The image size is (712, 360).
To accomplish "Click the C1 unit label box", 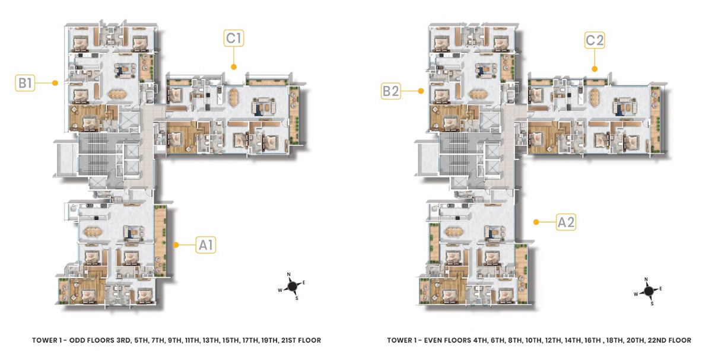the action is tap(234, 38).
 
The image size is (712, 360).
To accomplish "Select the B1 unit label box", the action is tap(25, 83).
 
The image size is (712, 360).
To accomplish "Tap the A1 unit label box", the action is tap(206, 245).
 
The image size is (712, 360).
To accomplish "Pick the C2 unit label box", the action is tap(595, 40).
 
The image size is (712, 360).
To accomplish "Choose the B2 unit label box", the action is tap(390, 91).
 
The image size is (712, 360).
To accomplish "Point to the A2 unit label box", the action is tap(566, 222).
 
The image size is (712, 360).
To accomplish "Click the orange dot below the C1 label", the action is tap(234, 67).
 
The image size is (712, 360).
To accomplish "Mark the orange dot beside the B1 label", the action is tap(55, 83).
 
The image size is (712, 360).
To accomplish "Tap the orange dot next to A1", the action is tap(176, 245).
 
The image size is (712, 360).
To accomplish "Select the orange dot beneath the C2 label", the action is tap(595, 69).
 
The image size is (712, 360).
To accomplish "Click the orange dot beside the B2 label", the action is tap(421, 91).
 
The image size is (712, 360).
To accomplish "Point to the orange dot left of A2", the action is tap(536, 222).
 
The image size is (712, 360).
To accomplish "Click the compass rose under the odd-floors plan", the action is tap(292, 286).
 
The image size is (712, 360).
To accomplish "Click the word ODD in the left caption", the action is tap(76, 340).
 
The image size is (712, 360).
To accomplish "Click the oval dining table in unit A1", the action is tap(92, 231).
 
